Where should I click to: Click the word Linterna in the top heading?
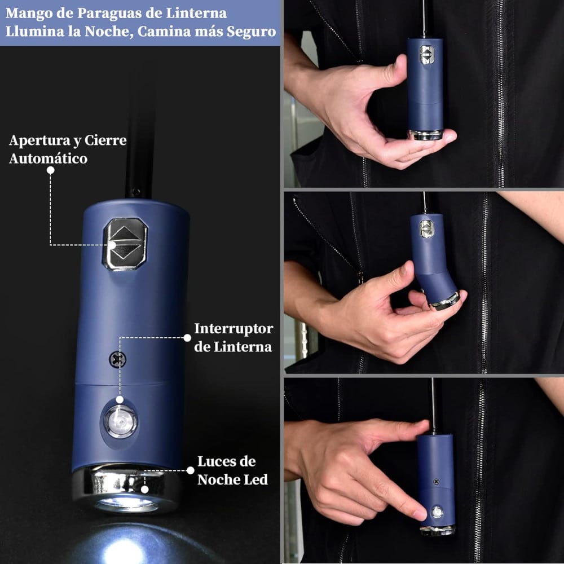[x=196, y=14]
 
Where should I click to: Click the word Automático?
[x=48, y=158]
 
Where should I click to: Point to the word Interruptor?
[x=233, y=329]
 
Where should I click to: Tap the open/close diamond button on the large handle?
[x=125, y=244]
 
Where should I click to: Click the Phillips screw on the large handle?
[x=117, y=359]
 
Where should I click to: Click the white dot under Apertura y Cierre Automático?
[x=51, y=170]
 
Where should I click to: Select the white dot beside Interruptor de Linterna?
[x=187, y=338]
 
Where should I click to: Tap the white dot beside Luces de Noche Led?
[x=191, y=470]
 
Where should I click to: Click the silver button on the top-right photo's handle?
[x=426, y=55]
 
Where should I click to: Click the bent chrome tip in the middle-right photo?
[x=446, y=301]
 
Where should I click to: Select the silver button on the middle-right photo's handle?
[x=426, y=229]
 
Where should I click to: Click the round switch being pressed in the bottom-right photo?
[x=437, y=512]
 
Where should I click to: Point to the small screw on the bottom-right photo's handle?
[x=437, y=481]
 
